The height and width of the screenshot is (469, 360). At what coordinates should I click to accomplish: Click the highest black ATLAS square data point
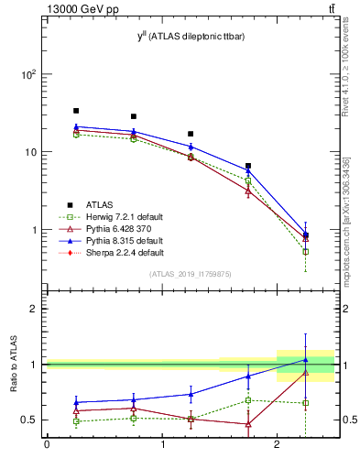(x=76, y=111)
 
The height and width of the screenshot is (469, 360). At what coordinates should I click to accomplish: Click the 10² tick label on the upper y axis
(x=31, y=74)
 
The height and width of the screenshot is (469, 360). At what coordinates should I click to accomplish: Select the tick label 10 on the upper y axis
(x=33, y=152)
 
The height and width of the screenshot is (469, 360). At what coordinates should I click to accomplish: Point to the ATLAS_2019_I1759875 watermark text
(x=190, y=274)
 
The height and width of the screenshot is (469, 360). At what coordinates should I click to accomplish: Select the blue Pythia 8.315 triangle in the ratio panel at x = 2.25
(x=305, y=360)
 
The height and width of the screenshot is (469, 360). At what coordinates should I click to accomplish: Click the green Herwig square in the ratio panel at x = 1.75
(x=248, y=400)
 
